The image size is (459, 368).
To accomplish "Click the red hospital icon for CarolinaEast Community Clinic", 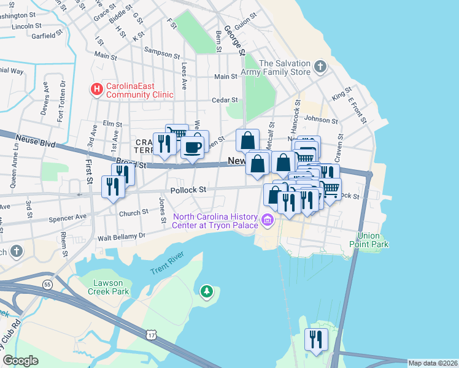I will coord(96,90).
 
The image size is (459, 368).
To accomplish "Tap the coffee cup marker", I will coord(193,148).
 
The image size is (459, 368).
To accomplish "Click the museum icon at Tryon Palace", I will coord(267,220).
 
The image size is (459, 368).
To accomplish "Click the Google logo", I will coord(20,361).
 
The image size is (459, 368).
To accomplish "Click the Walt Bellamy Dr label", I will coord(121,236).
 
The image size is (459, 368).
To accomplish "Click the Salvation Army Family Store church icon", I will coord(320,66).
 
